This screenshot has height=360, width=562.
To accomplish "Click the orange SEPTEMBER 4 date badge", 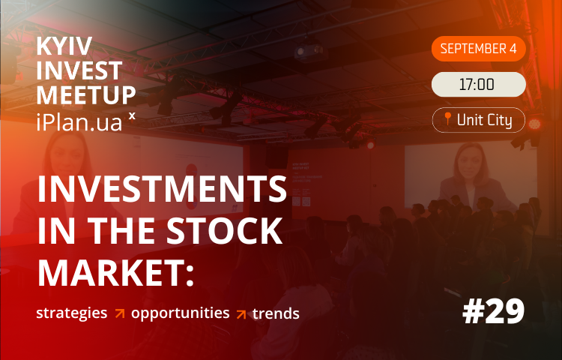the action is tap(479, 49).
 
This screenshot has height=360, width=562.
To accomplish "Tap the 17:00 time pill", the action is tap(479, 85).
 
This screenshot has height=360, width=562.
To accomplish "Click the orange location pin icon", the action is tap(447, 118).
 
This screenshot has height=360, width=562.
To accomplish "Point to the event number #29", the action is tap(494, 311).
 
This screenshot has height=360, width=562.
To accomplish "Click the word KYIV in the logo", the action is tap(64, 46).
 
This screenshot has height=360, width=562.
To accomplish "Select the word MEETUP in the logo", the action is tap(86, 95).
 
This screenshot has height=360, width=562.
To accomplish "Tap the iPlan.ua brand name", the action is tap(79, 122).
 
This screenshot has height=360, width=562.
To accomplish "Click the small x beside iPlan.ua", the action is tap(132, 115).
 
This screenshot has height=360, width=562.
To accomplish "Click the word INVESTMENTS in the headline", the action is tap(162, 189).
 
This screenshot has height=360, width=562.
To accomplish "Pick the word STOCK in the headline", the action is tap(224, 230).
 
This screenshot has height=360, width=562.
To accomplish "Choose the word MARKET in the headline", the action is tap(111, 272).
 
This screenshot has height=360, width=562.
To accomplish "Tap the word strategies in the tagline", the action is tap(72, 313).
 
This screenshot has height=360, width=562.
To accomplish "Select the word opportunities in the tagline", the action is tap(181, 313).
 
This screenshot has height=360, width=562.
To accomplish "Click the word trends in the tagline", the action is tap(276, 313).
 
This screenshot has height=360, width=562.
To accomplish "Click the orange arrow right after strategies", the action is tap(120, 313).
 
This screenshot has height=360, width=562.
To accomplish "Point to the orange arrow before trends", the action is tap(241, 314).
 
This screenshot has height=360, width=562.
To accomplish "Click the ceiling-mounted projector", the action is tap(310, 52).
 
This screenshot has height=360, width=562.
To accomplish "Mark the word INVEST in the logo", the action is tap(79, 70).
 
